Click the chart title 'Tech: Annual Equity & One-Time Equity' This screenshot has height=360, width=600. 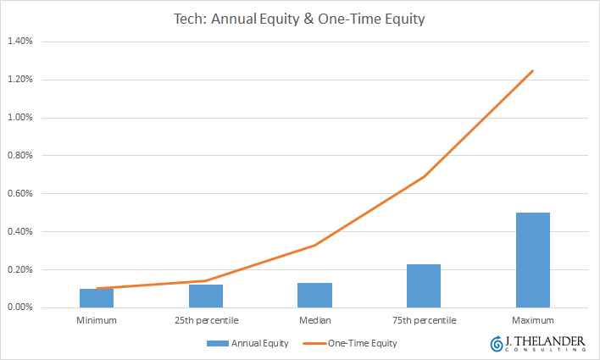pos(299,19)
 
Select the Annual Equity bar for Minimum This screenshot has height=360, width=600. pos(97,298)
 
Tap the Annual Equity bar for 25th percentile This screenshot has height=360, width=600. pos(206,296)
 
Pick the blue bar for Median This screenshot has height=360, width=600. pos(315,296)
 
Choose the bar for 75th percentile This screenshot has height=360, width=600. pos(424,285)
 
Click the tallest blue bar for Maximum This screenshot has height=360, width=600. pos(533,260)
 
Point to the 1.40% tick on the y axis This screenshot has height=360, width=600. pos(20,42)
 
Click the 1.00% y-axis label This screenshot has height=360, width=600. pos(20,118)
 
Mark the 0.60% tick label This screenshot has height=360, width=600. pos(20,194)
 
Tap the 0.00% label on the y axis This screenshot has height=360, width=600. pos(20,307)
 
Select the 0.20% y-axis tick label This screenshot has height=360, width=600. pos(20,269)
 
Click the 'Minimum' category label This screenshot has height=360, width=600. pos(97,320)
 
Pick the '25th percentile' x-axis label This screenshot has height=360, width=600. pos(207,320)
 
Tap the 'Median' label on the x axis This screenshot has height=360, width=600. pos(315,320)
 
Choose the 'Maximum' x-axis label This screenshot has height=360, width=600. pos(533,320)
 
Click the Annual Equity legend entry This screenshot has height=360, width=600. pos(247,343)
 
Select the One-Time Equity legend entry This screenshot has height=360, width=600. pos(350,343)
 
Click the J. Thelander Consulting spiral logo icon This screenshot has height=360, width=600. pos(497,344)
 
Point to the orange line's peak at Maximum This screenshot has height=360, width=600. pos(533,70)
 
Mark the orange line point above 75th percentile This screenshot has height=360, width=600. pos(424,177)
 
